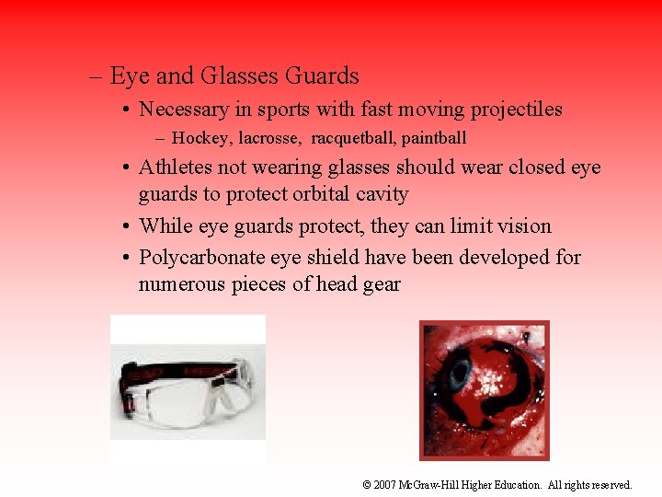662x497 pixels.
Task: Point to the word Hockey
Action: tap(200, 138)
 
